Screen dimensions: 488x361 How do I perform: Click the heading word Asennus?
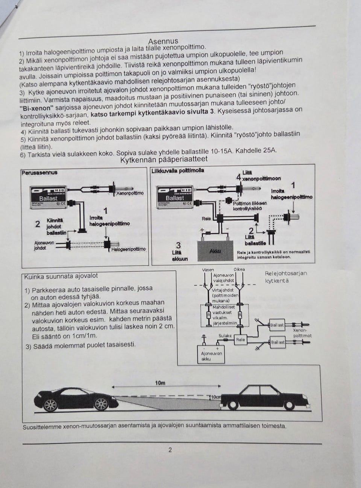pyautogui.click(x=163, y=41)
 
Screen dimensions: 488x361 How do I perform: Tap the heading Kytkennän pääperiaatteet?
pyautogui.click(x=164, y=160)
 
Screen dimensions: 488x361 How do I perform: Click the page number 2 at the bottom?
pyautogui.click(x=170, y=450)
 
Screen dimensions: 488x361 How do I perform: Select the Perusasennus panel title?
pyautogui.click(x=39, y=173)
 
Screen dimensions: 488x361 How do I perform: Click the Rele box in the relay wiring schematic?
pyautogui.click(x=240, y=339)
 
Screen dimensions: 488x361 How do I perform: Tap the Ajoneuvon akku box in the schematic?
pyautogui.click(x=211, y=356)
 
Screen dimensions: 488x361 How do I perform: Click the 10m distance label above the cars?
pyautogui.click(x=160, y=383)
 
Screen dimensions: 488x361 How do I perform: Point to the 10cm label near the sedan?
pyautogui.click(x=215, y=397)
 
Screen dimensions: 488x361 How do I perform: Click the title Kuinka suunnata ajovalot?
pyautogui.click(x=61, y=276)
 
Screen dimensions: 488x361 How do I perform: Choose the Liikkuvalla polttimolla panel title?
pyautogui.click(x=177, y=170)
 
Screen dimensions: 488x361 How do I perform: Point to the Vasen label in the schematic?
pyautogui.click(x=208, y=269)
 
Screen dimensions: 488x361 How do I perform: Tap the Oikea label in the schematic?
pyautogui.click(x=239, y=269)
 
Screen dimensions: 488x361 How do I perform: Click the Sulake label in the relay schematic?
pyautogui.click(x=225, y=336)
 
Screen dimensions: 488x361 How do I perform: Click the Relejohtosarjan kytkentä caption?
pyautogui.click(x=285, y=277)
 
